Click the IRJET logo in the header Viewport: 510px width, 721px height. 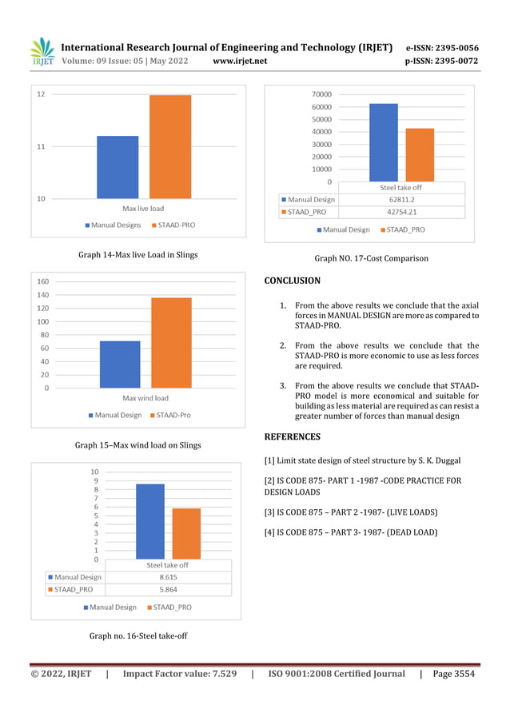42,53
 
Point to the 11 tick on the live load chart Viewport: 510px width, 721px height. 40,146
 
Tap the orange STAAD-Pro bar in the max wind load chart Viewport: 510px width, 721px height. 171,342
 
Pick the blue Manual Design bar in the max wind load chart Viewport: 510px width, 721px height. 120,364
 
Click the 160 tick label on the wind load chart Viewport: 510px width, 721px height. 43,281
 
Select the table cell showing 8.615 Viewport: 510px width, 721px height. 168,576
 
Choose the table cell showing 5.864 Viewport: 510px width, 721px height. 168,590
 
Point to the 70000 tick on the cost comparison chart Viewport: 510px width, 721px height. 322,94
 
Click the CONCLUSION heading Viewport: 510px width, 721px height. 292,281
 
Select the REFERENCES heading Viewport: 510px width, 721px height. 292,436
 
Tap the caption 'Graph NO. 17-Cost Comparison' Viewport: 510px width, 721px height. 371,259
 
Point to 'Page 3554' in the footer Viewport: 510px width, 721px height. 453,674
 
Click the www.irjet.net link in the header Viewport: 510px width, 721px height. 241,61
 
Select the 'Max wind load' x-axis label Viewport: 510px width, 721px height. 145,397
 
